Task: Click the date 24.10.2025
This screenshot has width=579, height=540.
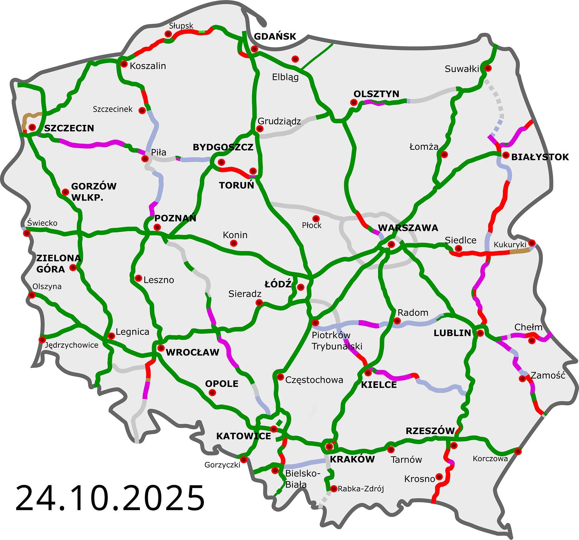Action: point(110,498)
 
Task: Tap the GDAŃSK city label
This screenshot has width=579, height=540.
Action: point(275,37)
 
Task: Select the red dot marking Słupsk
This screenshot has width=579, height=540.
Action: point(168,34)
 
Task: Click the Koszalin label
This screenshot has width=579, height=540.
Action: point(148,66)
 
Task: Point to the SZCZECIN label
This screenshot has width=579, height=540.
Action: point(69,128)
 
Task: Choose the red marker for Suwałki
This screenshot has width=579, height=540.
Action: point(488,68)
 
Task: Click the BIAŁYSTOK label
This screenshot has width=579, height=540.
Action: point(540,157)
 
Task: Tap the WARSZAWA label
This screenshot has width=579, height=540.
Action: point(408,228)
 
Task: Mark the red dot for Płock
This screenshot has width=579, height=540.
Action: point(316,219)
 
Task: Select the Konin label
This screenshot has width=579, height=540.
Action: point(235,235)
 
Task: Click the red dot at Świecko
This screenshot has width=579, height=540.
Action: point(27,233)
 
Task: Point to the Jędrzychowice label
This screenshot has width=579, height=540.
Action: point(71,345)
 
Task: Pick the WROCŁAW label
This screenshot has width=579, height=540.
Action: point(192,353)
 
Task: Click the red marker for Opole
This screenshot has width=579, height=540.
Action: point(212,393)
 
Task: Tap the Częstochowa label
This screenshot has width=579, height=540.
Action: point(314,380)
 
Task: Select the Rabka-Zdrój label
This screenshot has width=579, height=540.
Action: point(361,489)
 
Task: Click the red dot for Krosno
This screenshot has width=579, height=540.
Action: point(439,476)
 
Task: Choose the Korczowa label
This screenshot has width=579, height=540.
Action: point(490,459)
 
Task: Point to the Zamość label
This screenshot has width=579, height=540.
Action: point(548,376)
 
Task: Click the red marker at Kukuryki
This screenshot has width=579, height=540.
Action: point(532,242)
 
